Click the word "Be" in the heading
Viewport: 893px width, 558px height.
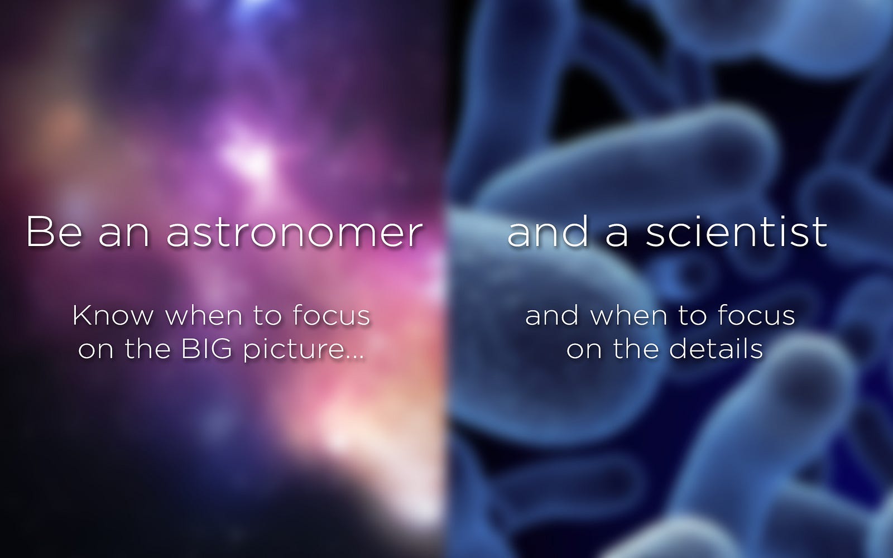pos(55,232)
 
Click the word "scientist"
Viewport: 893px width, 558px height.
pos(736,232)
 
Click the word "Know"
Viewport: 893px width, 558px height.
pos(113,316)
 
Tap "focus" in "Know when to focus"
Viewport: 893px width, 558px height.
pos(332,315)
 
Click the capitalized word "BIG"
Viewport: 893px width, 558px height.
pos(207,349)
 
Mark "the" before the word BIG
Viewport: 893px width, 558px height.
pos(147,349)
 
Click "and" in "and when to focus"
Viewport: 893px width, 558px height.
pos(552,315)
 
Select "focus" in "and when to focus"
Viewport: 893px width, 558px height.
pos(756,315)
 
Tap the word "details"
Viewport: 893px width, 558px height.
pos(716,349)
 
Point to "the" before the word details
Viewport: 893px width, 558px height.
pos(636,349)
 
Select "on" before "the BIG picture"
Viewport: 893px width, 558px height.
pos(96,352)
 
